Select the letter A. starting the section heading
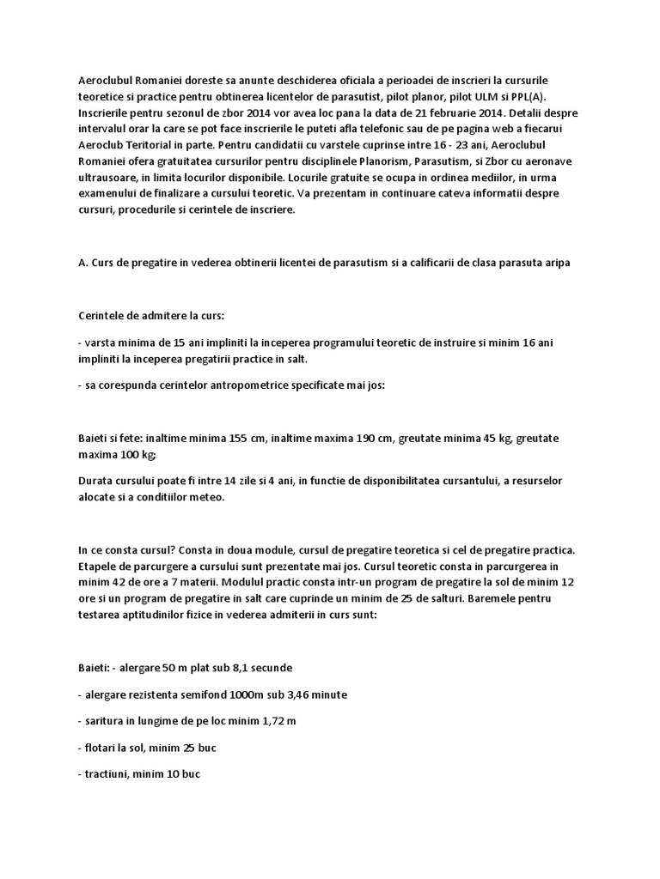[x=82, y=263]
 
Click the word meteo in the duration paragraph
[x=205, y=496]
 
